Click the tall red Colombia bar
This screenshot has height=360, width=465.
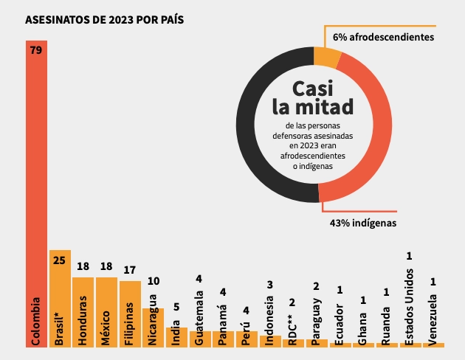36,184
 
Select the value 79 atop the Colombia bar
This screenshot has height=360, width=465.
36,51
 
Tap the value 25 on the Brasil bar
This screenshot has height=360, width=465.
60,260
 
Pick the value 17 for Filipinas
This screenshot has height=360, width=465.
130,269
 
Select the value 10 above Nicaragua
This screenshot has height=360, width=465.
153,280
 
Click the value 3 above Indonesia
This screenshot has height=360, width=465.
271,285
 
